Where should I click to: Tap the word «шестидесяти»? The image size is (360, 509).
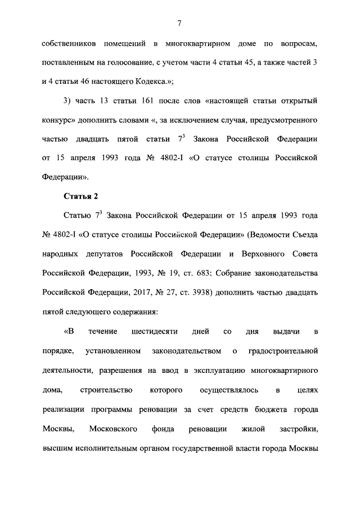[155, 332]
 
